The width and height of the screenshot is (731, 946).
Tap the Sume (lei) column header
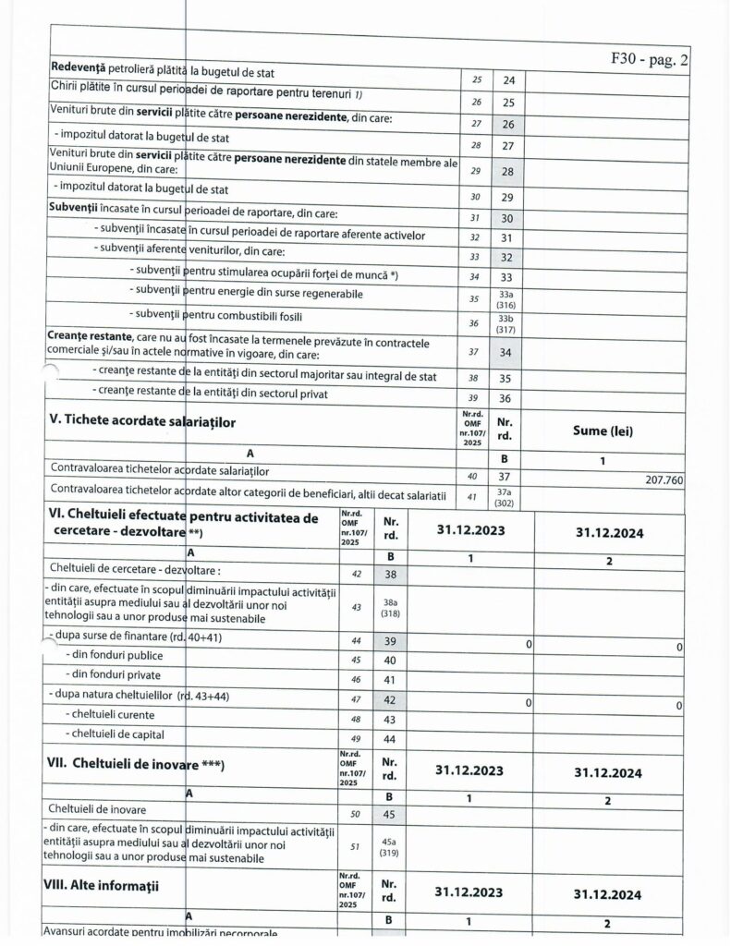tap(606, 431)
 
